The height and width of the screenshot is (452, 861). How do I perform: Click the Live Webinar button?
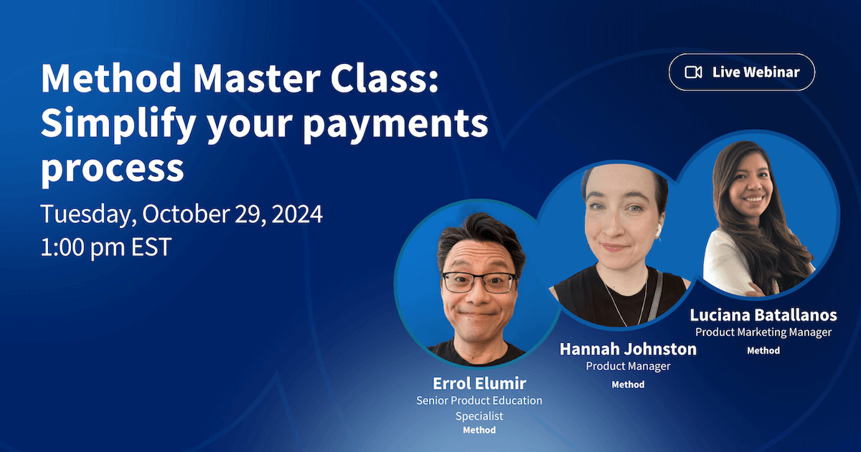point(742,72)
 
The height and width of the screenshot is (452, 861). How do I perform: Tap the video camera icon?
point(693,72)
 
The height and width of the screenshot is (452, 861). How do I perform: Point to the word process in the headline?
point(112,169)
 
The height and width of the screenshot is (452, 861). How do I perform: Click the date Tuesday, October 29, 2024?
point(182,214)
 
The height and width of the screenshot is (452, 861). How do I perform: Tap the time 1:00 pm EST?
point(106,247)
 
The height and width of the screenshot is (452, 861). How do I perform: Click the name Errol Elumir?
point(479,384)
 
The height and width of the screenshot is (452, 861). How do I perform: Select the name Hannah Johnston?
point(628,349)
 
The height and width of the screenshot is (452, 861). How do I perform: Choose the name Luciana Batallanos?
point(763,315)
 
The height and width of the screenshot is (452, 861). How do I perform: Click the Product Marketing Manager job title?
point(763,332)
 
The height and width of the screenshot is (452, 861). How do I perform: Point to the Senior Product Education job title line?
point(479,400)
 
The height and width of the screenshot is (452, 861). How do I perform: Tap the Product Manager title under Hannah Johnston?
point(628,367)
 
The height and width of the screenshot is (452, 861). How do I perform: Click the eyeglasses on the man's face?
point(479,282)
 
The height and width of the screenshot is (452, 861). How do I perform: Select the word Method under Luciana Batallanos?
point(763,351)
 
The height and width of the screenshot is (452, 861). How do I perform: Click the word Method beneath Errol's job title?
point(479,430)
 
